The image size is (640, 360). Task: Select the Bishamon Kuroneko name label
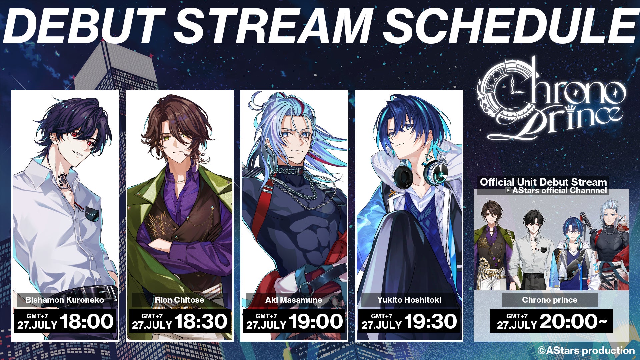(65, 300)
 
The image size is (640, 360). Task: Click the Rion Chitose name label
(179, 300)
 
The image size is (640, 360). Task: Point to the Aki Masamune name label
(294, 300)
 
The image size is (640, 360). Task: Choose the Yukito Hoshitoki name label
(409, 300)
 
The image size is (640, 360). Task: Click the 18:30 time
(201, 321)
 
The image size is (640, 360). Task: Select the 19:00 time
(316, 321)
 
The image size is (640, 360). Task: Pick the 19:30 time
(431, 321)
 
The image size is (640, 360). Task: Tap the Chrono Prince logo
(552, 99)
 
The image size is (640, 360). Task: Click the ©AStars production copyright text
(586, 350)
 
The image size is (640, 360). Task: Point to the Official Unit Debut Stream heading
(543, 182)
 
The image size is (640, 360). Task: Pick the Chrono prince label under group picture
(550, 300)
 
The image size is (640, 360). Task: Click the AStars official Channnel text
(560, 191)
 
